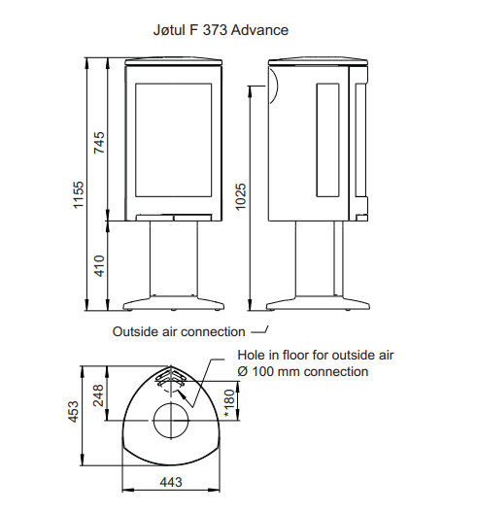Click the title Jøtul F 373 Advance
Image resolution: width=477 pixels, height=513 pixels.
coord(221,30)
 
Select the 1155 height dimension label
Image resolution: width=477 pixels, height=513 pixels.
coord(79,195)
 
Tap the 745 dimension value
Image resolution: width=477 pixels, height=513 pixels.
coord(99,143)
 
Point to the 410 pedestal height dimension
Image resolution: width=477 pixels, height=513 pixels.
coord(99,266)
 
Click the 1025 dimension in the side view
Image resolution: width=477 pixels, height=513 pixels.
coord(241,197)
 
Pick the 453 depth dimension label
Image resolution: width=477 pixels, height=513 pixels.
coord(73,412)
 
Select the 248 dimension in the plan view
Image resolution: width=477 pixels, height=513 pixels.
coord(98,395)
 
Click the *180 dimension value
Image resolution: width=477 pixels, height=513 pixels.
coord(229,403)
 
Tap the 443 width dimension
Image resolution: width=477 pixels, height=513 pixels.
coord(171,482)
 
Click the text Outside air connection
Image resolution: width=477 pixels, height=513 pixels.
coord(179,331)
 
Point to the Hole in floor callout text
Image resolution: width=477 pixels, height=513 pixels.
coord(316,355)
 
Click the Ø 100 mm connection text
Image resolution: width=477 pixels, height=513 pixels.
coord(303,372)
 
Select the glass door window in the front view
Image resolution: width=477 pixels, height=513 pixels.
coord(173,140)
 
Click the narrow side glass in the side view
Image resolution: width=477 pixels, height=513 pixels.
coord(327,140)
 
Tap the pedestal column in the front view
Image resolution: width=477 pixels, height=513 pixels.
coord(173,258)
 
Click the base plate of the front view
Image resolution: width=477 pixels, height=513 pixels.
coord(173,303)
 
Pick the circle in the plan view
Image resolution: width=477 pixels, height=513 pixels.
coord(171,403)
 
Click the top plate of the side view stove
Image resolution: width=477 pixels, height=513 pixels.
coord(318,62)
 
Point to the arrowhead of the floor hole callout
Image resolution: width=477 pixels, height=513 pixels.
coord(183,393)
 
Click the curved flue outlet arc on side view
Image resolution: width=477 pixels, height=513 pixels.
coord(277,85)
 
